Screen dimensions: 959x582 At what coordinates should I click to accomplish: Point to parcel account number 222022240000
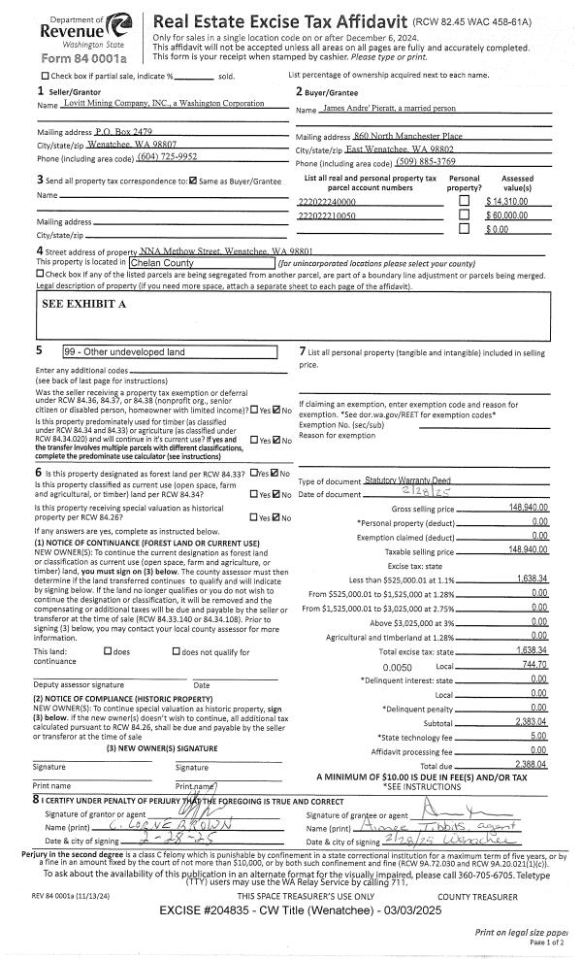(x=330, y=201)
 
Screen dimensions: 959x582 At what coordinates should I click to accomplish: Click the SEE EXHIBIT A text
(x=84, y=304)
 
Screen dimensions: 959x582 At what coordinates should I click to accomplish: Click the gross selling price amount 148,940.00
(x=528, y=508)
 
